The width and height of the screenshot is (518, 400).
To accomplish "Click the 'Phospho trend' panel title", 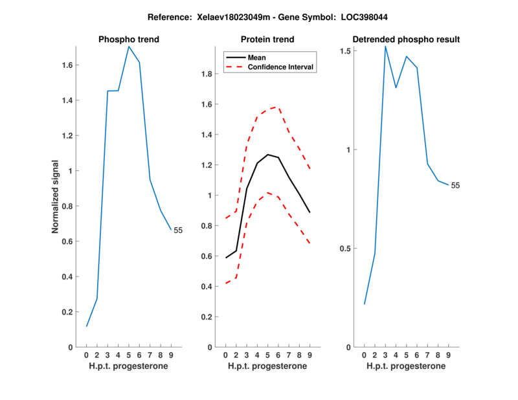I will [x=129, y=39].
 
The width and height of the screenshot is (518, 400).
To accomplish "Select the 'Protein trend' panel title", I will [x=267, y=39].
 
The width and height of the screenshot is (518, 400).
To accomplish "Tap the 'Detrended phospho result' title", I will [x=407, y=39].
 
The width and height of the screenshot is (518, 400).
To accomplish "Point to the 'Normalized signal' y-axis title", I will [x=56, y=197].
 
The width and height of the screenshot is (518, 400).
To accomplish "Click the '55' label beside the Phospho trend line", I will [x=178, y=230].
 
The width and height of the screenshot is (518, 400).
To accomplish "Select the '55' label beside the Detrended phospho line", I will [x=455, y=186].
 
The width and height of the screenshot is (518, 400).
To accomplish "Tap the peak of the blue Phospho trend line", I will [x=129, y=47].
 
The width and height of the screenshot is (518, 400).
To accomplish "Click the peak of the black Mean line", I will [x=267, y=155].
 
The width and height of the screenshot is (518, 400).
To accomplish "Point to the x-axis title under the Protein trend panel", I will [x=267, y=366].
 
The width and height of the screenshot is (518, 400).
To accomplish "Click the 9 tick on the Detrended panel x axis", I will [x=448, y=355].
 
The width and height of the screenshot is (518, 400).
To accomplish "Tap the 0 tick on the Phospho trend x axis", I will [x=87, y=355].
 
